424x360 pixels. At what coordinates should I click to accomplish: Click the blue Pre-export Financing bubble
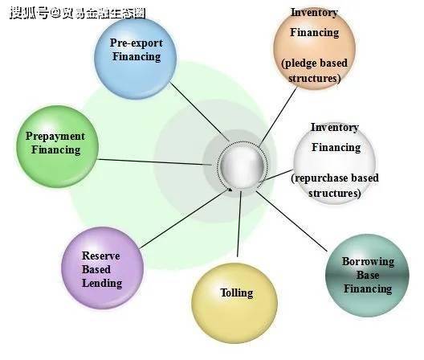[x=136, y=58]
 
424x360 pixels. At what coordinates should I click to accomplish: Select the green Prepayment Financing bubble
[x=57, y=146]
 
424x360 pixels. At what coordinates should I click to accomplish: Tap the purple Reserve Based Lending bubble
[x=103, y=268]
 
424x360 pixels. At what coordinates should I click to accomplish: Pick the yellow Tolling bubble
[x=234, y=303]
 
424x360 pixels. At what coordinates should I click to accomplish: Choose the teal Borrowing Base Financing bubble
[x=367, y=276]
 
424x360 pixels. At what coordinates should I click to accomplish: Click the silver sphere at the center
[x=242, y=166]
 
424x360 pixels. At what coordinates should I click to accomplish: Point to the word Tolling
[x=237, y=292]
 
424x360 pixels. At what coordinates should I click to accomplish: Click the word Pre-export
[x=137, y=43]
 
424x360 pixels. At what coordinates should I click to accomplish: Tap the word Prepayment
[x=55, y=136]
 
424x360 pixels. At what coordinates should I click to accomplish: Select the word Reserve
[x=101, y=256]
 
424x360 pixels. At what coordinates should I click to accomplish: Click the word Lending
[x=102, y=284]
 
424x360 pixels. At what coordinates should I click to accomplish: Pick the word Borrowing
[x=368, y=262]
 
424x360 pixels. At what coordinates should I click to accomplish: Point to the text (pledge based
[x=314, y=63]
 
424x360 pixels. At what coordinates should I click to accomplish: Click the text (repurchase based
[x=335, y=178]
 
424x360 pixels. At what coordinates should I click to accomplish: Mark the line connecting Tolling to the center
[x=239, y=224]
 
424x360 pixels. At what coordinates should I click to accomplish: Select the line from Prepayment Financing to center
[x=155, y=162]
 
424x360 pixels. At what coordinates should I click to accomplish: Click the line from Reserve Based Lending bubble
[x=185, y=219]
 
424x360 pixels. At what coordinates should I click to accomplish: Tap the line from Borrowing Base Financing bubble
[x=291, y=221]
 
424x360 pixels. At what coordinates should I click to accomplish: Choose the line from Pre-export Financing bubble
[x=200, y=112]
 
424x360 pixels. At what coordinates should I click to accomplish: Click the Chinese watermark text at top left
[x=78, y=13]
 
